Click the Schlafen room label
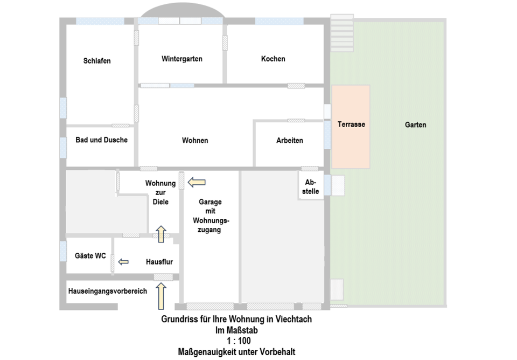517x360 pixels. click(97, 61)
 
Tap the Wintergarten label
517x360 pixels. click(182, 59)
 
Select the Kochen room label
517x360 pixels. click(273, 59)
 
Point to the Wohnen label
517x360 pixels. click(195, 141)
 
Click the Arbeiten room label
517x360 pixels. click(290, 141)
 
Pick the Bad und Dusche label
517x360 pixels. click(101, 140)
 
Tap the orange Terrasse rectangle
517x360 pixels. click(351, 127)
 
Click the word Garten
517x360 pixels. click(415, 125)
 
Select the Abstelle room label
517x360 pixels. click(311, 186)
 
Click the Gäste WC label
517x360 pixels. click(90, 256)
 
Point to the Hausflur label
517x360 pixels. click(159, 262)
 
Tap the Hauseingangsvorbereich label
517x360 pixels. click(108, 291)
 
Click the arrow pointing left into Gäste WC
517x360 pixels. click(123, 262)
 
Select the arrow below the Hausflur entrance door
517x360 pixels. click(160, 296)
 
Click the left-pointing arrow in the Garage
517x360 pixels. click(197, 183)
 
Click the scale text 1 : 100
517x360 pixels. click(236, 341)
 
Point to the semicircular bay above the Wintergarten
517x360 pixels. click(180, 12)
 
